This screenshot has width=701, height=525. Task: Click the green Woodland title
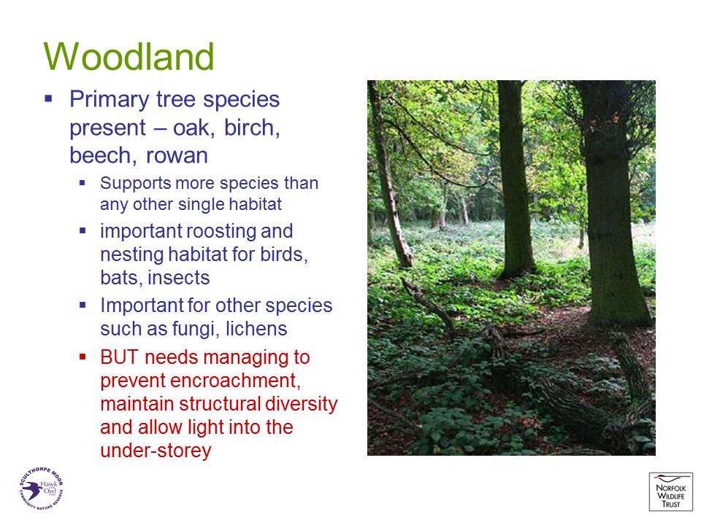click(x=129, y=57)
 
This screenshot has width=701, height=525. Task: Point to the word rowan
click(x=177, y=156)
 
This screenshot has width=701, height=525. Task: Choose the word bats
click(x=122, y=278)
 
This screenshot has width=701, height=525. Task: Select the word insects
click(x=179, y=278)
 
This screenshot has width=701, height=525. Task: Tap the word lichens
click(x=256, y=329)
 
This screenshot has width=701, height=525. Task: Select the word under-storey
click(x=156, y=451)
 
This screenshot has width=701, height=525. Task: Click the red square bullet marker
click(x=83, y=357)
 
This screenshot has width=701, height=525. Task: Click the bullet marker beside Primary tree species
click(x=48, y=98)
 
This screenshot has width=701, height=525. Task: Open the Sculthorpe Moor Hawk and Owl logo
click(x=41, y=488)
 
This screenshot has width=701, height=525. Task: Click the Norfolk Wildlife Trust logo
click(x=670, y=491)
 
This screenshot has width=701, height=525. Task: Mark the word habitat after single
click(x=256, y=204)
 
